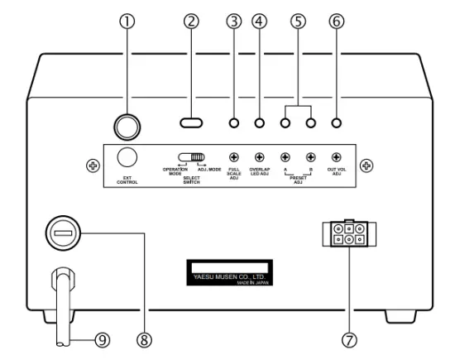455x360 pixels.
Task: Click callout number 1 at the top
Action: [x=127, y=22]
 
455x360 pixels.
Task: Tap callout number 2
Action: [x=191, y=22]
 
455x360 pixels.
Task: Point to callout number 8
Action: [x=145, y=339]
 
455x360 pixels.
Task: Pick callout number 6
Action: [x=336, y=22]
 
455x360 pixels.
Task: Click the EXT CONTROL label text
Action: [x=127, y=181]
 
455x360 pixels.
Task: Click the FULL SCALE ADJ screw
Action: [x=234, y=156]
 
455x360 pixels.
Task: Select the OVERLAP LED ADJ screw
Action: [x=260, y=156]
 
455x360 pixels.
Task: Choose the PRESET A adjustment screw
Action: [x=285, y=156]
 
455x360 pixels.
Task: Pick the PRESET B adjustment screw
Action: [x=311, y=156]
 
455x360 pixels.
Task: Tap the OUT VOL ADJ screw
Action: [x=337, y=156]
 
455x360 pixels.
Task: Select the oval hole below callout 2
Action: [x=191, y=124]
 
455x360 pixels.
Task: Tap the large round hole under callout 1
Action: [x=127, y=124]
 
